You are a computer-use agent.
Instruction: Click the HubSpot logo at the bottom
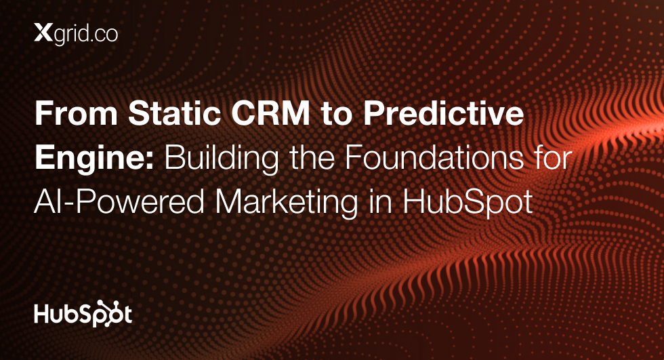pyautogui.click(x=83, y=314)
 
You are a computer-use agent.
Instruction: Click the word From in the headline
pyautogui.click(x=76, y=113)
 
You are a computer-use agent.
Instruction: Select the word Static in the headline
pyautogui.click(x=175, y=113)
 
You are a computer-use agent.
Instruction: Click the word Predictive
pyautogui.click(x=444, y=113)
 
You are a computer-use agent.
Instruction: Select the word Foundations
pyautogui.click(x=434, y=157)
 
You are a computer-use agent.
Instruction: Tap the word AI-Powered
pyautogui.click(x=119, y=201)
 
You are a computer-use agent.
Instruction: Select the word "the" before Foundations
pyautogui.click(x=312, y=157)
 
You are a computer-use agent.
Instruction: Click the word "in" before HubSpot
pyautogui.click(x=380, y=201)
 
